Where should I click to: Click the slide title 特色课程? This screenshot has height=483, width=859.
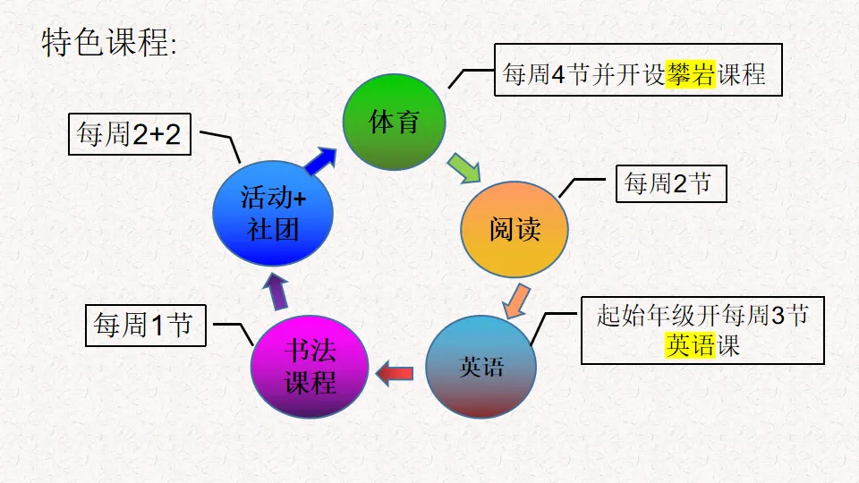pos(108,42)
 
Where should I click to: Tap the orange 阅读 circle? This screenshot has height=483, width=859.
pos(515,229)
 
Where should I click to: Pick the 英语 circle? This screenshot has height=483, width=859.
pos(481,367)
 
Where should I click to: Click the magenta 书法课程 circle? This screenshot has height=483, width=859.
pos(310,367)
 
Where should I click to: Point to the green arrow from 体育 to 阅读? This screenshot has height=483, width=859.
pos(464,167)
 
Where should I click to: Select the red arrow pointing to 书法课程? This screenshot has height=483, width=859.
pos(394,372)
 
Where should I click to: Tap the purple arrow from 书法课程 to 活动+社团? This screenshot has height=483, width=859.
pos(277,291)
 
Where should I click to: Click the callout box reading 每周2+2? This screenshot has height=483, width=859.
pos(130,135)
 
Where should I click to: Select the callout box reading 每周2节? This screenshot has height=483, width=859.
pos(670,184)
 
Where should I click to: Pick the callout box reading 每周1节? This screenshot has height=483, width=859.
pos(144,326)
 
